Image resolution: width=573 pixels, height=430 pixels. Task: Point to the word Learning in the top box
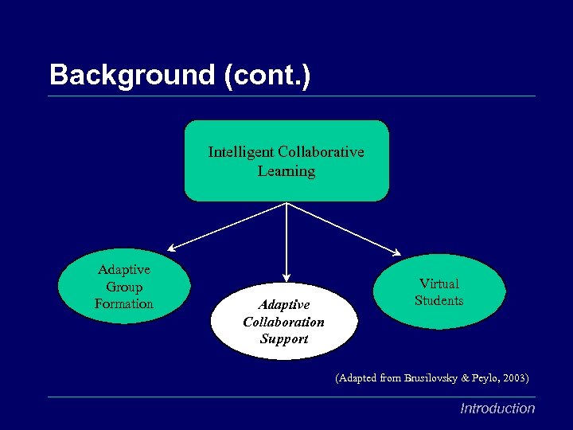(286, 171)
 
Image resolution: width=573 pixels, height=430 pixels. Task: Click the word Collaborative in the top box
(322, 151)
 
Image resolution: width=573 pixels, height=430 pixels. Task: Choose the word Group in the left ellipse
(123, 287)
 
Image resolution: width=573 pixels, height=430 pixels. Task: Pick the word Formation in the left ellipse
(123, 303)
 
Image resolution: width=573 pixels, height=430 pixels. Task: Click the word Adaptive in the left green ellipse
(123, 270)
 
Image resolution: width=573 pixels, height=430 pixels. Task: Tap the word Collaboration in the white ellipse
(283, 322)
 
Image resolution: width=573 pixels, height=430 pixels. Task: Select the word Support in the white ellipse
(283, 338)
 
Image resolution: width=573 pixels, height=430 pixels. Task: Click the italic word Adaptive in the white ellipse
(283, 304)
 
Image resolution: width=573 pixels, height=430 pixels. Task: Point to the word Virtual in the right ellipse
(439, 283)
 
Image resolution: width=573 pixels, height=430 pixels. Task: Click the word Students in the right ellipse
(439, 300)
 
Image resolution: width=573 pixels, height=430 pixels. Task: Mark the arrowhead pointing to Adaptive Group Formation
(172, 248)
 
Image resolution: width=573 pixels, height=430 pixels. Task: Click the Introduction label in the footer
(497, 408)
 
